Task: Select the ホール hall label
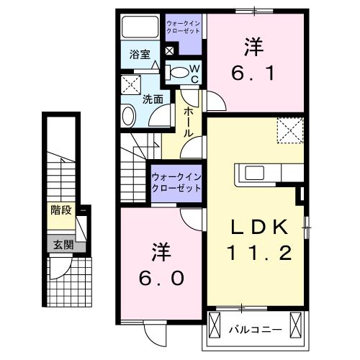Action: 188,122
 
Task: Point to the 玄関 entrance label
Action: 61,245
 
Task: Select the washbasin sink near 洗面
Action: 128,115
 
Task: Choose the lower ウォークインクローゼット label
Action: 175,181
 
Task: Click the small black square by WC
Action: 169,52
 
